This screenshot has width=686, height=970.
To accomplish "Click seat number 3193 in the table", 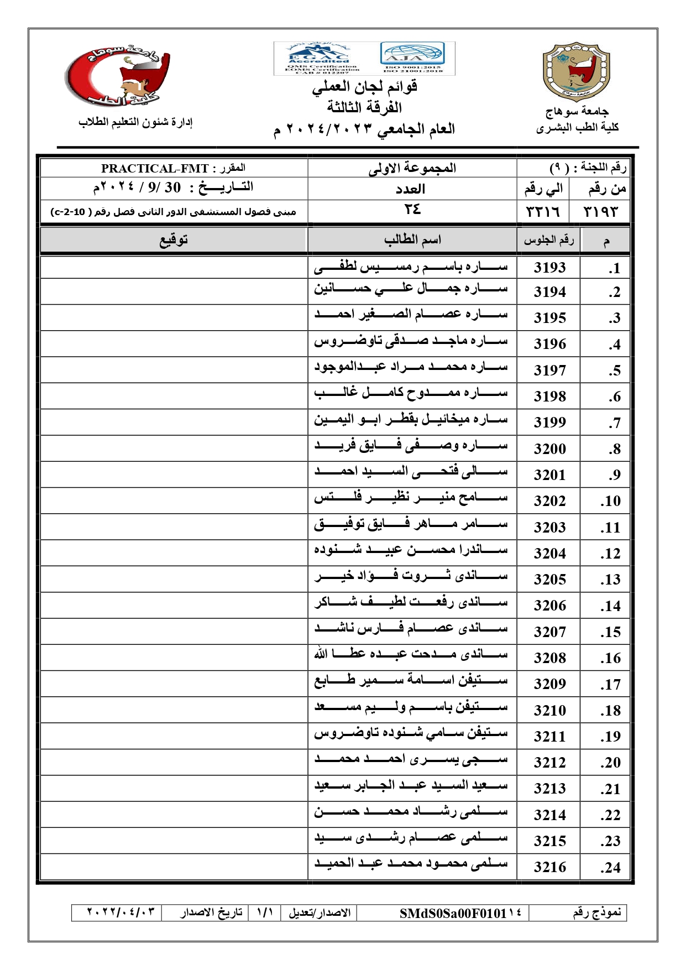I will (549, 268).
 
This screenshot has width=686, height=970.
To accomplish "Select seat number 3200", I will (549, 449).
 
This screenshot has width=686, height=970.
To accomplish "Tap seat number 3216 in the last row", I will (549, 867).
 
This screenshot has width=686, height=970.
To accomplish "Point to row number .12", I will (610, 554).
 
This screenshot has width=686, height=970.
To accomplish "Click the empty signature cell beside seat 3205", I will (174, 578).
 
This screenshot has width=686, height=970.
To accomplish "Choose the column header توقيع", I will (174, 240).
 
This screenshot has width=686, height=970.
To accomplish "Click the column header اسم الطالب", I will (412, 240).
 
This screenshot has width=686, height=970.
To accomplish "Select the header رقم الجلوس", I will (548, 240).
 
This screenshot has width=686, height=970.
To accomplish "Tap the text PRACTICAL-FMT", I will (155, 169).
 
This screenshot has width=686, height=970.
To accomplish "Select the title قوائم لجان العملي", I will (364, 87).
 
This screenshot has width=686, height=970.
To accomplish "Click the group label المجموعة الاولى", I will (412, 168).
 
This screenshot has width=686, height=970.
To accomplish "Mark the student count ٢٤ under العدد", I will (412, 210).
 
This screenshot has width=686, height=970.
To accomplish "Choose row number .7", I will (614, 423).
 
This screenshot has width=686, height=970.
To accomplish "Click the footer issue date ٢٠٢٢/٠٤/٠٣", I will (121, 912).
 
